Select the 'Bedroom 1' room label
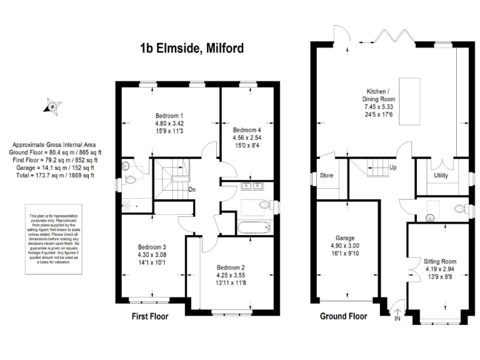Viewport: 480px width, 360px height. tap(169, 116)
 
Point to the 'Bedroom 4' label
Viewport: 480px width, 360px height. tap(247, 130)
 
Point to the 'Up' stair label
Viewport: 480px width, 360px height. tap(392, 168)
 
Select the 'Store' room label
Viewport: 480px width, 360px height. tap(326, 176)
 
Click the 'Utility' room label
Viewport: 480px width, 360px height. tap(441, 176)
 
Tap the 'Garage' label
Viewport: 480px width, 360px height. tap(345, 238)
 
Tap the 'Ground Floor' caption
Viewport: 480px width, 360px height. tap(343, 316)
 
